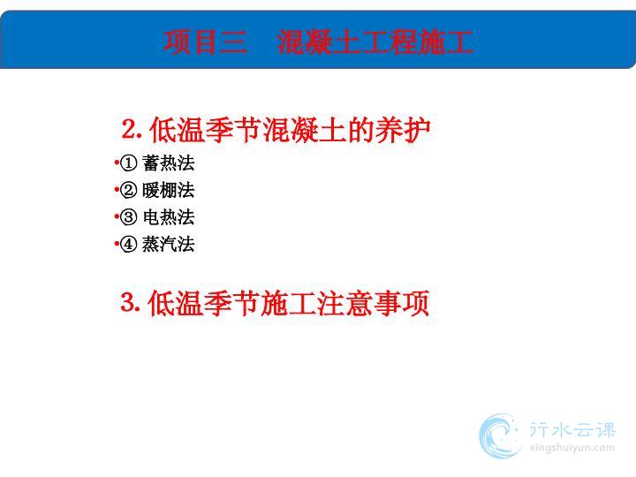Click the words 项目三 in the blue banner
point(205,42)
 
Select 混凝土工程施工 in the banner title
point(375,42)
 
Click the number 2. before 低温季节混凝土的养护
point(132,129)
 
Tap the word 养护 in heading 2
point(403,130)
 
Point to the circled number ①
point(129,163)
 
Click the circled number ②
point(129,190)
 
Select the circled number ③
point(129,217)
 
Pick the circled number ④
point(129,244)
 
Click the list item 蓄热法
point(169,163)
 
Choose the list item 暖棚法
point(169,190)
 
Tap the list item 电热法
point(169,217)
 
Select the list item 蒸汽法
point(169,244)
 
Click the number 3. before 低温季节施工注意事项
point(131,303)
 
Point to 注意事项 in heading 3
point(373,303)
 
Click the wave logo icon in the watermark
point(500,436)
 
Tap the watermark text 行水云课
point(572,430)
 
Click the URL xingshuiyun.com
point(572,448)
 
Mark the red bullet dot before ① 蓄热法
point(117,163)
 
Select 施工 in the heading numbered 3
point(288,303)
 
